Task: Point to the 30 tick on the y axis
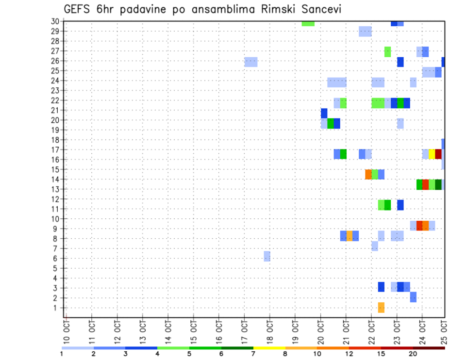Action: point(55,21)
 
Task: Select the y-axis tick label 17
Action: point(55,149)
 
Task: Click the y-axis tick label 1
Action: point(57,308)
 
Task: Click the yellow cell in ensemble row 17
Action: point(432,154)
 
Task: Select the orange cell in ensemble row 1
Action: point(381,308)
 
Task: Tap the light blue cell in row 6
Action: point(267,256)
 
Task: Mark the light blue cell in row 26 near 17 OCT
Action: point(251,62)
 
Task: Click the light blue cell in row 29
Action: point(365,32)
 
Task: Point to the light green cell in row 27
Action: point(387,51)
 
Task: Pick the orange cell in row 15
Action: point(368,174)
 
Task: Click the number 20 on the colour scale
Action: point(413,354)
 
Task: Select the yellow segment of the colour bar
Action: point(269,348)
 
